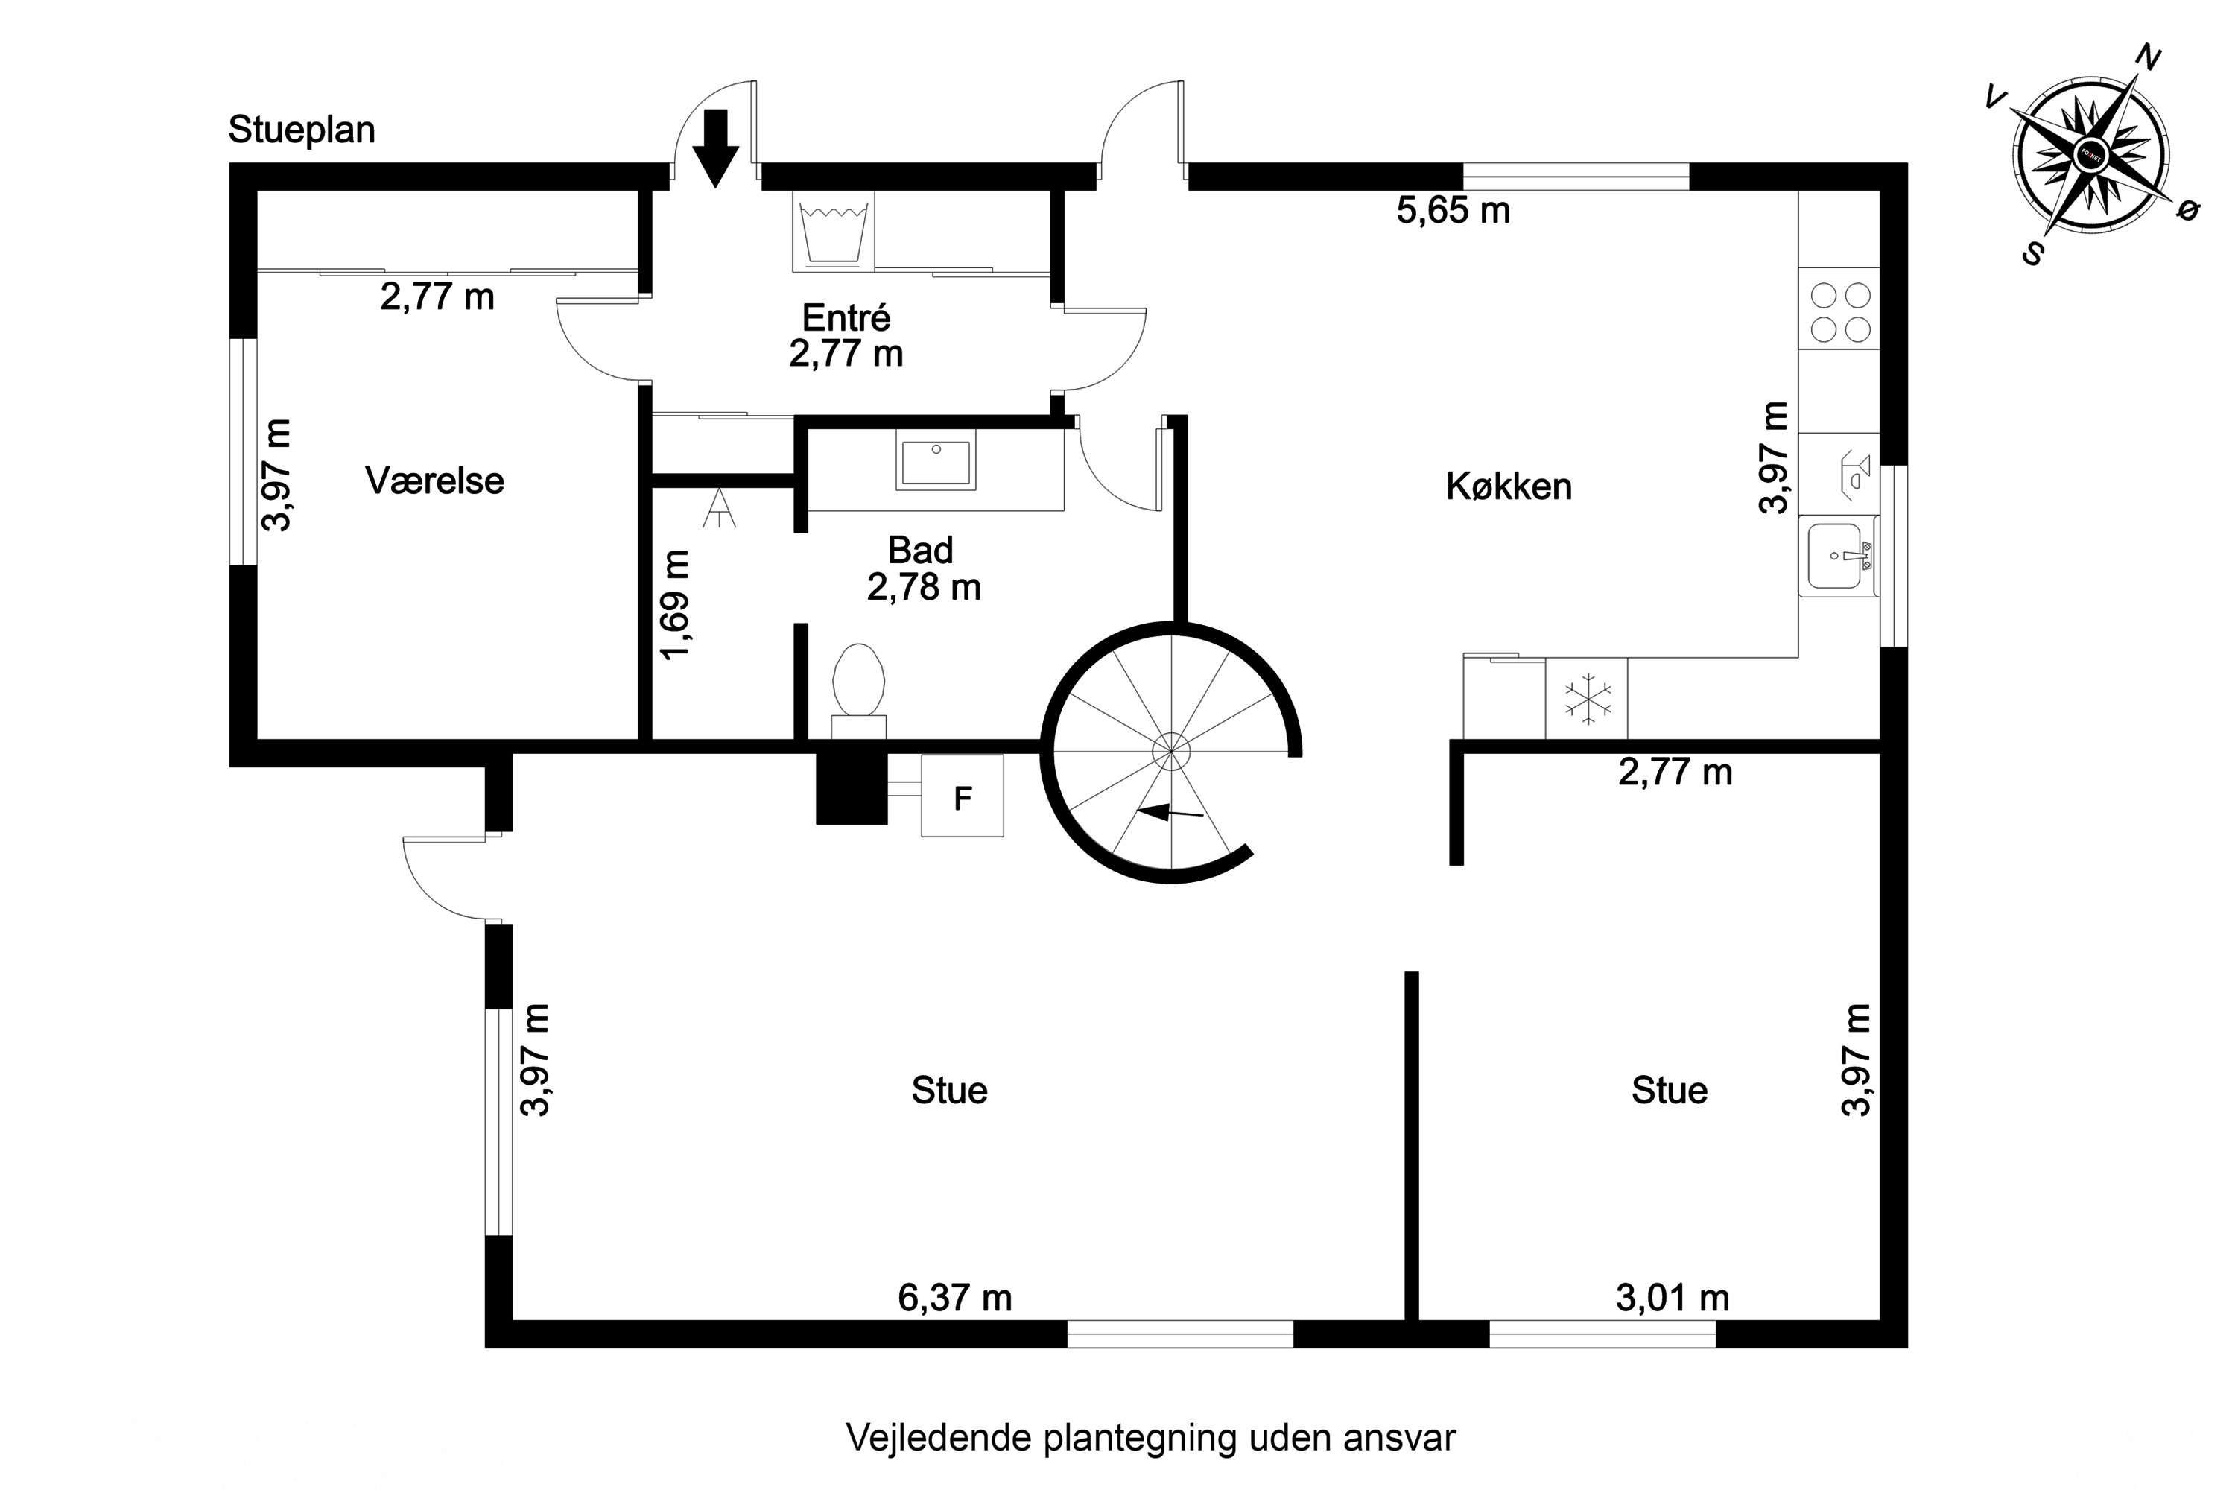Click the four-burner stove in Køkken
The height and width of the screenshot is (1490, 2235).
(1839, 311)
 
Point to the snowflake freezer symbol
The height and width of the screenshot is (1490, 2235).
(1588, 700)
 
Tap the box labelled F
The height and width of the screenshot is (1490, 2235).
(963, 796)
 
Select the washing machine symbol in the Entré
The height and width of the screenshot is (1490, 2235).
(834, 232)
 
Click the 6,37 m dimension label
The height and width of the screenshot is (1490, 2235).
(954, 1298)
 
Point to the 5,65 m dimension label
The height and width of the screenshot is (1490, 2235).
(1453, 210)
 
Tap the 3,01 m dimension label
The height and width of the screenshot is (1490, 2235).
(1673, 1298)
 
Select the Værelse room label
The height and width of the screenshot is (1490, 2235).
(434, 481)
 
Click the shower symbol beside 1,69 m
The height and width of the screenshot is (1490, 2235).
(720, 508)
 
